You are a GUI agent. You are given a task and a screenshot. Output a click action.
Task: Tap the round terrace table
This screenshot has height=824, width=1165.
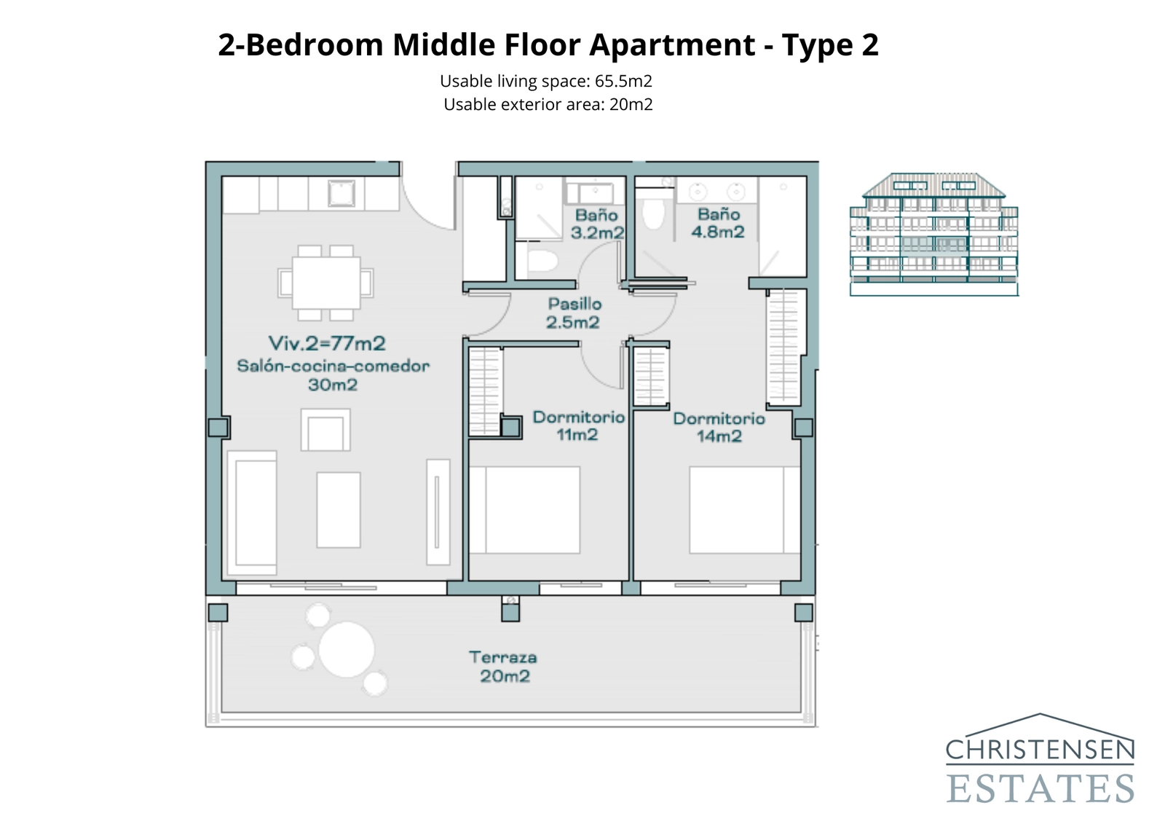[x=346, y=649]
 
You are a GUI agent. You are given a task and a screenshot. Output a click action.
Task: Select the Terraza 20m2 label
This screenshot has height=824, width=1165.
[x=503, y=667]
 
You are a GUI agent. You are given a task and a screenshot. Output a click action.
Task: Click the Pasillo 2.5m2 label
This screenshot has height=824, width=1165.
[x=574, y=313]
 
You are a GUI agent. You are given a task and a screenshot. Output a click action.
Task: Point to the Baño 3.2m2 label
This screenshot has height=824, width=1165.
[x=596, y=224]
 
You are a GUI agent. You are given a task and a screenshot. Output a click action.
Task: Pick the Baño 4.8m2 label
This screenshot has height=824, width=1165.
[x=718, y=223]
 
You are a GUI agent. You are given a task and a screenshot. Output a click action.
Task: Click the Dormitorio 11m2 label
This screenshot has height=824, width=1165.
[x=578, y=425]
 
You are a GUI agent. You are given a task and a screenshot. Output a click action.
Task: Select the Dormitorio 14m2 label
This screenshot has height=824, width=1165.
[x=719, y=427]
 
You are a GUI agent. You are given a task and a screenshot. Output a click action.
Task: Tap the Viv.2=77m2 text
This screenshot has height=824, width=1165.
[x=327, y=342]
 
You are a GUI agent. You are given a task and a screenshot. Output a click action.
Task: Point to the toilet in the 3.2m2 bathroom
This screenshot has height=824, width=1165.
[x=540, y=260]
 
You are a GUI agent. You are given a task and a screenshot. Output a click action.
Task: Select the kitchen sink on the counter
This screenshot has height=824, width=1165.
[x=341, y=194]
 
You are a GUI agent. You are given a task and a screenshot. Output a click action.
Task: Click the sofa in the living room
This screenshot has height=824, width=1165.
[x=252, y=512]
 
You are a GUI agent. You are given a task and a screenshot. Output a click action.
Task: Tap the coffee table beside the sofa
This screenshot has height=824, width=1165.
[x=339, y=509]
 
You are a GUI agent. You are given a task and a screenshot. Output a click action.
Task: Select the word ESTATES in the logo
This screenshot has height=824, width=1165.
[x=1040, y=789]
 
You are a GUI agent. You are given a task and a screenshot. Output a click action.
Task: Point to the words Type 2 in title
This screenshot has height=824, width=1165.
[x=830, y=45]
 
